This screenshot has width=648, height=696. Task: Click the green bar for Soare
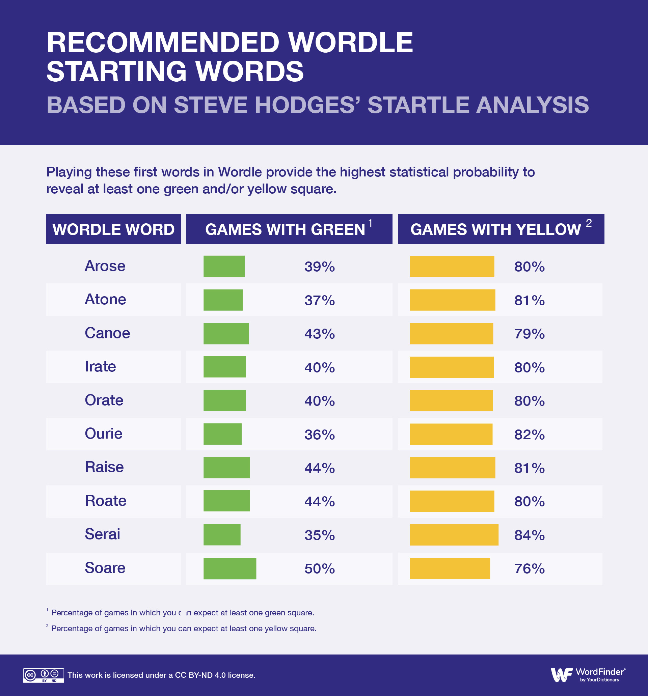pos(230,568)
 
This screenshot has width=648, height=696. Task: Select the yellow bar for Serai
pos(454,535)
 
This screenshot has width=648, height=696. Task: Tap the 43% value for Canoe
pos(320,334)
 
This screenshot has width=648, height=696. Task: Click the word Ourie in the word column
pos(104,434)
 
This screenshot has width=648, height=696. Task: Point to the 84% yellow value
pos(529,535)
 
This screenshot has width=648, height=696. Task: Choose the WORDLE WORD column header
pos(113,229)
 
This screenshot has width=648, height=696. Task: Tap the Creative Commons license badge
pos(44,675)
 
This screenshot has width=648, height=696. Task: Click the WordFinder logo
pos(588,674)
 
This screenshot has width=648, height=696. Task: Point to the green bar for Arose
pos(224,267)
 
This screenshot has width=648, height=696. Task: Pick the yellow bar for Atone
pos(453,300)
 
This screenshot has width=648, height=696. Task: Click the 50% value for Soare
pos(320,568)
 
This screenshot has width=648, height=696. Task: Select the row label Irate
pos(101,366)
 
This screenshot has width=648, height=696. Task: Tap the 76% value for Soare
pos(529,568)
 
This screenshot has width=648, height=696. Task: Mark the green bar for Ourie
pos(222,434)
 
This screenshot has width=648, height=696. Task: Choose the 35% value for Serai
pos(320,535)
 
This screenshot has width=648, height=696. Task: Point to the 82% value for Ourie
pos(529,435)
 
